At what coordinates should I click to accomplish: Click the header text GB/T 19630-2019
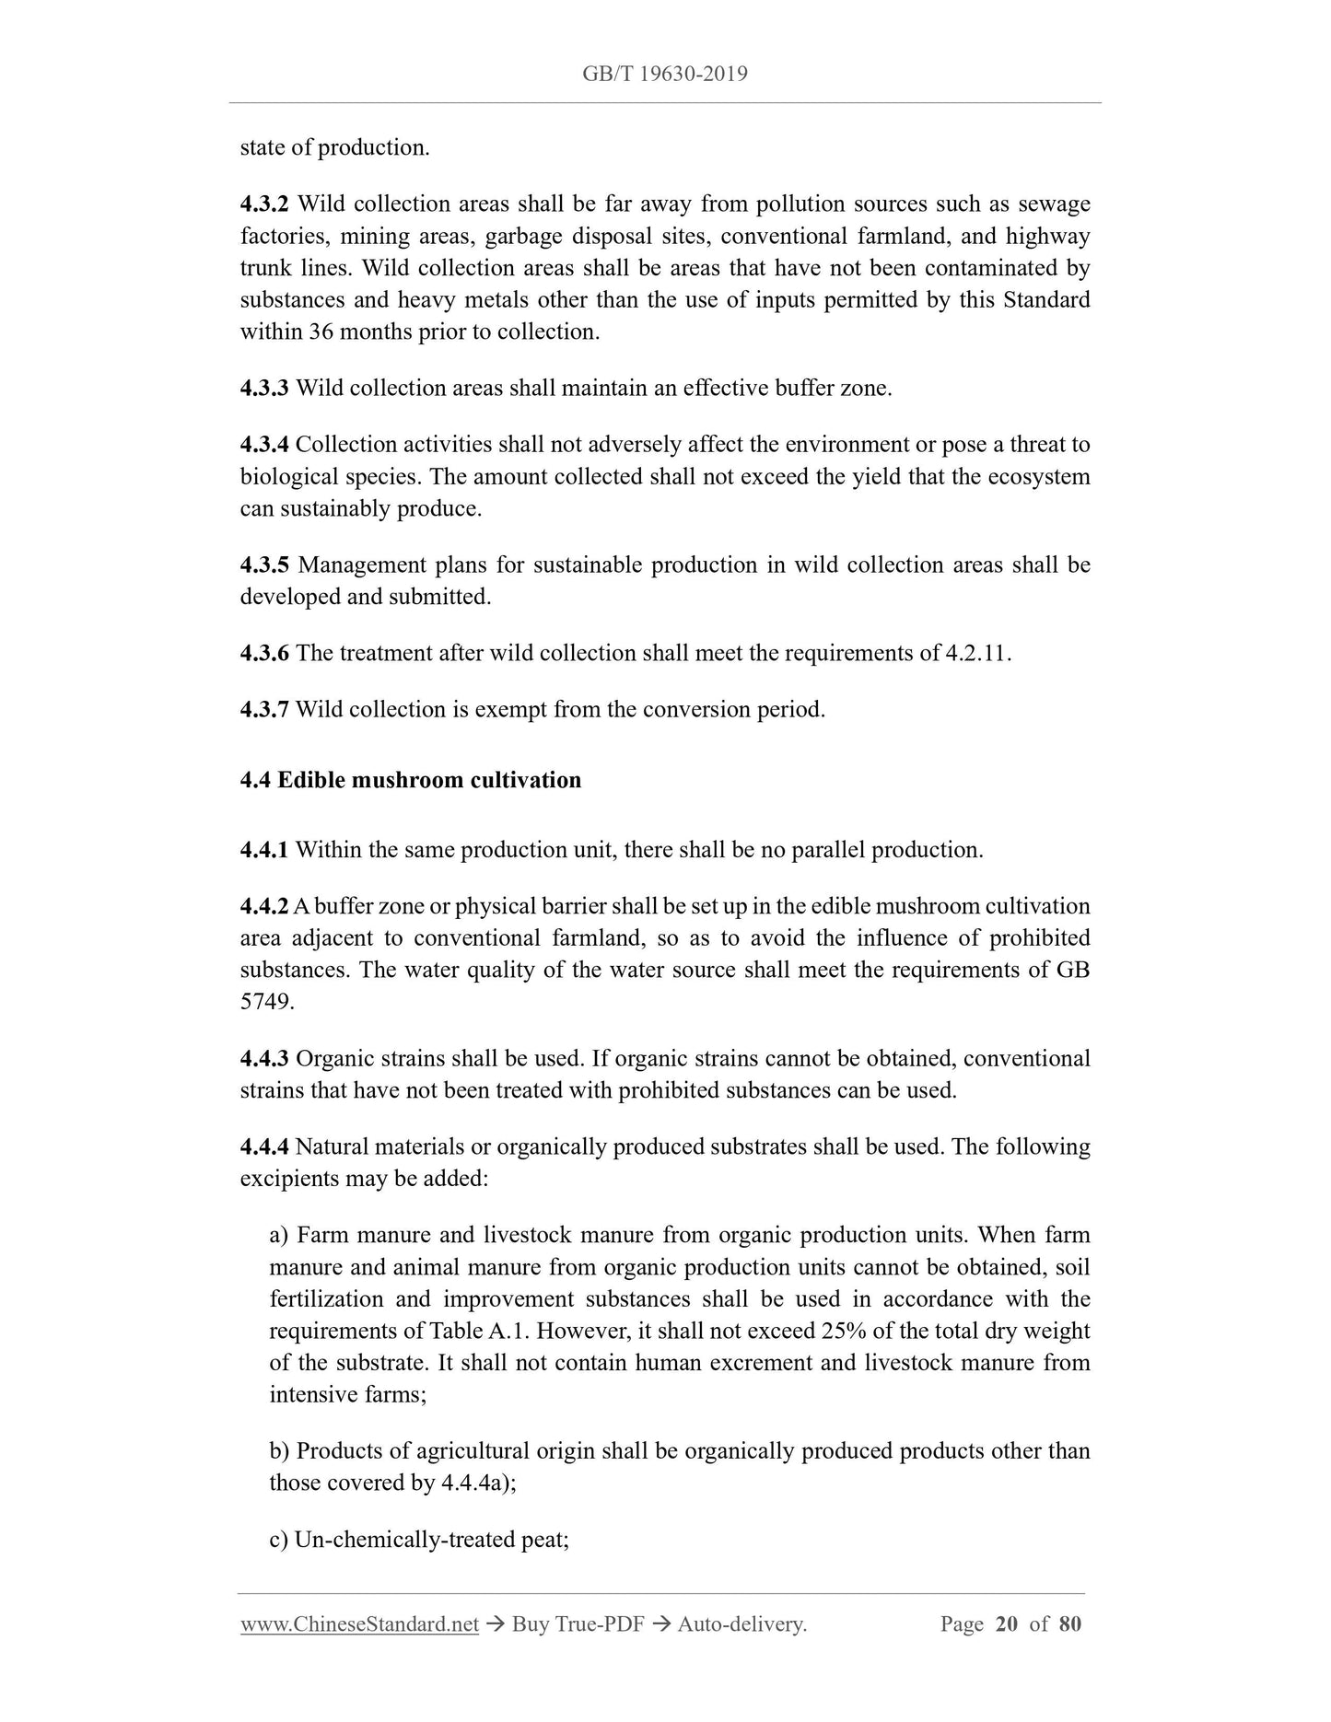point(664,74)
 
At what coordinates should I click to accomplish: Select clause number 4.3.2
point(264,204)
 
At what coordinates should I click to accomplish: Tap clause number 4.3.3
point(264,389)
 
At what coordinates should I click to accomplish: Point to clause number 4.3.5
point(264,565)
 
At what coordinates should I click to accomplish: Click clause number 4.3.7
point(264,710)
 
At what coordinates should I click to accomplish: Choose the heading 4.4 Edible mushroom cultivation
point(411,781)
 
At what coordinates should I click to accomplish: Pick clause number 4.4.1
point(264,850)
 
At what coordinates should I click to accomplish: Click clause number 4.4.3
point(264,1059)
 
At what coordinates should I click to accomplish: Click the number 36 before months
point(321,332)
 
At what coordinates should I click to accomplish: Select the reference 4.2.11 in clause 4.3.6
point(977,654)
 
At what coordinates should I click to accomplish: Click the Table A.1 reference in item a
point(468,1332)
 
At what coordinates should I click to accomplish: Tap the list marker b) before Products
point(279,1451)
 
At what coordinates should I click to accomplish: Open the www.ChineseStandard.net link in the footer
point(359,1624)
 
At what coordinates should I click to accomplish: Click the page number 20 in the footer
point(1007,1624)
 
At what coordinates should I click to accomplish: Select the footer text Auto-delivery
point(741,1624)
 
